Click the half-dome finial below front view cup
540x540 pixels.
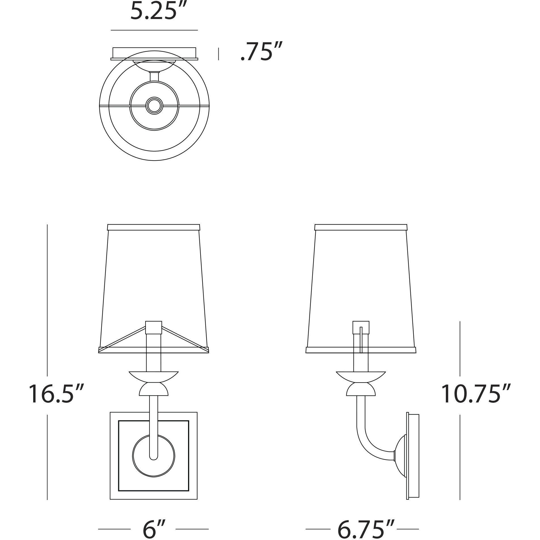[x=154, y=390]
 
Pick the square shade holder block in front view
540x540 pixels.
[x=153, y=327]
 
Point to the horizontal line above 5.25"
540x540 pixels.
[x=154, y=30]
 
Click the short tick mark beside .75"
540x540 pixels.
[x=218, y=54]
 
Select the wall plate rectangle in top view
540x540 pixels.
[x=154, y=53]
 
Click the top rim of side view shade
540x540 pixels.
[x=361, y=227]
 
